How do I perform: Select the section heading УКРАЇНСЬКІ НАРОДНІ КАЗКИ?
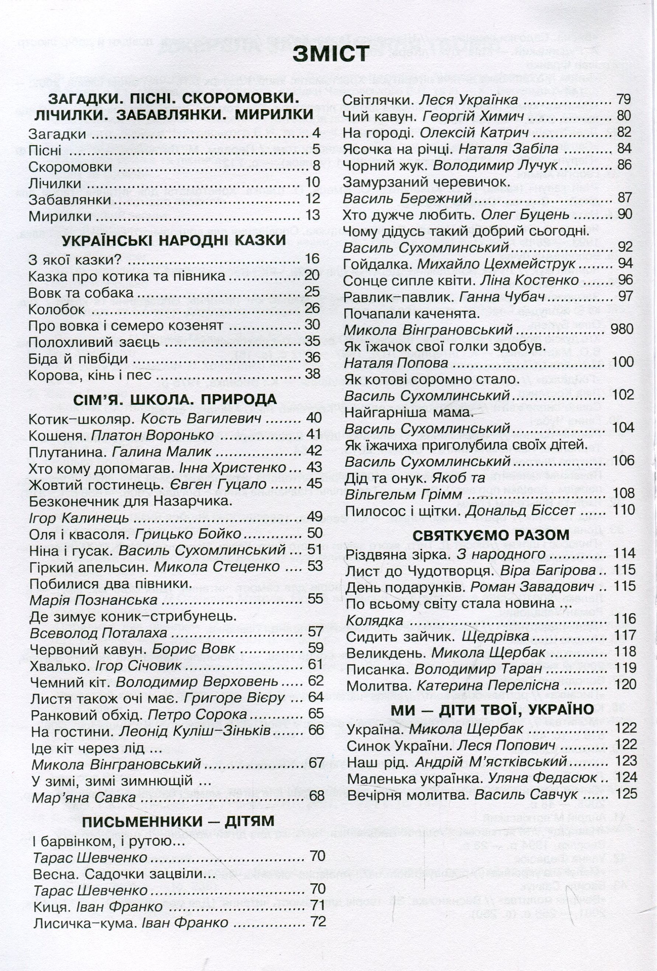click(x=174, y=240)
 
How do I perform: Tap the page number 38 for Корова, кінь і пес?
click(x=312, y=375)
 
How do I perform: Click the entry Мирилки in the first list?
click(x=60, y=216)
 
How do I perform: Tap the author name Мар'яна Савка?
click(x=84, y=797)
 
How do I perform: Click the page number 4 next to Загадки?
click(x=316, y=134)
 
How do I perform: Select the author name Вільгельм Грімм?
click(x=404, y=494)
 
